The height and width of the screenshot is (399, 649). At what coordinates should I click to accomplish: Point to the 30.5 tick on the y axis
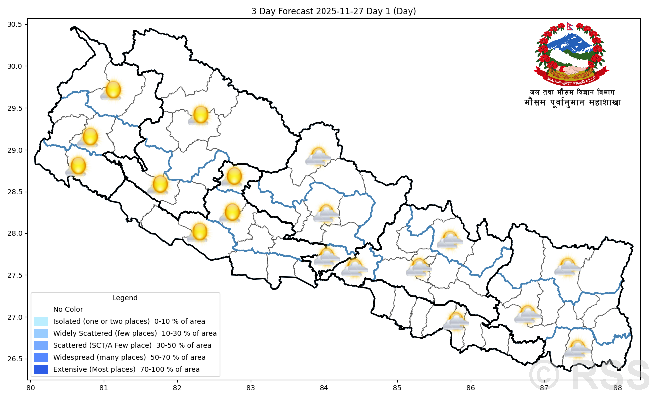pos(17,24)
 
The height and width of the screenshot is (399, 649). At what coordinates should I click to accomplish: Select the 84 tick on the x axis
pos(324,387)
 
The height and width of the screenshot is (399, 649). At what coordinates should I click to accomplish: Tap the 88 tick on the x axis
pos(618,387)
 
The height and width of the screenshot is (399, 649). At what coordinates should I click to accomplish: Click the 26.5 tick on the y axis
pos(17,359)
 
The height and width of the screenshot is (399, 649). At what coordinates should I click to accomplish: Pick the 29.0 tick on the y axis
pos(17,150)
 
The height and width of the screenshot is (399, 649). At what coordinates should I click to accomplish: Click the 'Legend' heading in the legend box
pos(125,298)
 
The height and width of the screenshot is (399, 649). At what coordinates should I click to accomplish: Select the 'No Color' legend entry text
pos(68,309)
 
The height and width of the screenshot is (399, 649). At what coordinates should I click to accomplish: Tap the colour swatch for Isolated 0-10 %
pos(41,321)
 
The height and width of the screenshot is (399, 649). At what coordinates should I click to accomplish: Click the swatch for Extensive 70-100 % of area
pos(41,369)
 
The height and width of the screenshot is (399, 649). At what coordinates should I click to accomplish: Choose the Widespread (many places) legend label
pos(129,357)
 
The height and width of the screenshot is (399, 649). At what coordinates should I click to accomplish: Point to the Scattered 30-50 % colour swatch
pos(41,345)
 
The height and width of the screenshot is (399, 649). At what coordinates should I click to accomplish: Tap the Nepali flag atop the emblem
pos(570,26)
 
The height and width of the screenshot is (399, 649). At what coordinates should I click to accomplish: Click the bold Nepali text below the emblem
pos(572,103)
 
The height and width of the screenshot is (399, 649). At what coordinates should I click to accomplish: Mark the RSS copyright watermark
pos(589,375)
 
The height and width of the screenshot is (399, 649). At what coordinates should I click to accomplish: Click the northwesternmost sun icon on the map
pos(113,90)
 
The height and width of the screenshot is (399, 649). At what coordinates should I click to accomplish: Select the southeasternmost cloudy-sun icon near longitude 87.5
pos(577,349)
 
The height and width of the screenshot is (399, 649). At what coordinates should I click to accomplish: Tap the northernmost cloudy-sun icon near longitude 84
pos(318,157)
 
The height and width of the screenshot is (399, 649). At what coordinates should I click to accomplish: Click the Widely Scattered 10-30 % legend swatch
pos(41,333)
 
